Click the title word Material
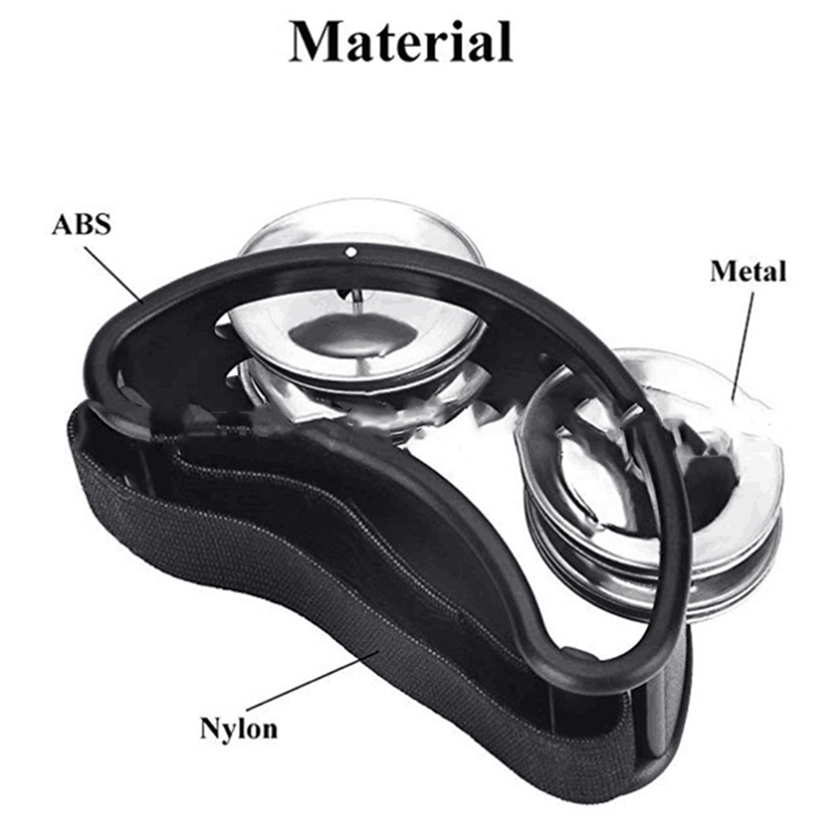401,43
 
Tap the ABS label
81,224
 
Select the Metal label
748,271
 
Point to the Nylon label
239,728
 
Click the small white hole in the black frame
350,251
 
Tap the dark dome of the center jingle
343,334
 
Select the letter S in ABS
104,224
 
